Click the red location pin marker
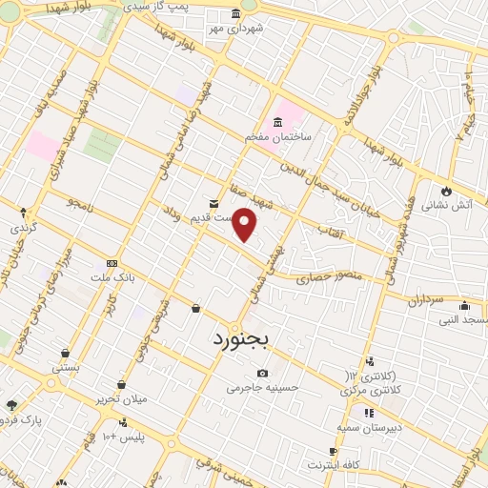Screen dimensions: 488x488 click(x=245, y=224)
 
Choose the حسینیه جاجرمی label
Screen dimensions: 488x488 click(x=262, y=388)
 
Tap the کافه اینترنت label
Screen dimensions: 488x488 click(x=333, y=465)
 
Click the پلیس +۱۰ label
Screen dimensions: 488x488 click(x=123, y=436)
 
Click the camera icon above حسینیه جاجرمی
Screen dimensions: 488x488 click(x=262, y=373)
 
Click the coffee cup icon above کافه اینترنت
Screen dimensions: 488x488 click(x=333, y=450)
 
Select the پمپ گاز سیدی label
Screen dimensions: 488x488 click(x=199, y=8)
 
